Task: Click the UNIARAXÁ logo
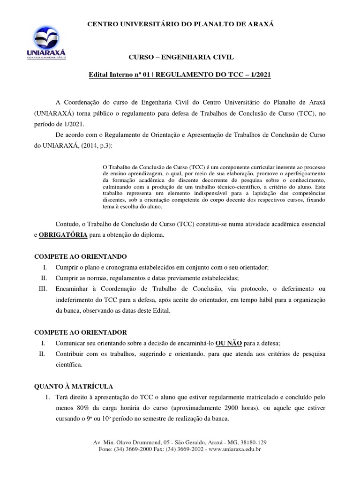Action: [45, 42]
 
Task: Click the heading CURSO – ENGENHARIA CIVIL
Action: [181, 57]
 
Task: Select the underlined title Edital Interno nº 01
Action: [118, 75]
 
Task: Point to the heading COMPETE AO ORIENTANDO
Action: [81, 256]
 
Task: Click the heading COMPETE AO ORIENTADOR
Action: [81, 332]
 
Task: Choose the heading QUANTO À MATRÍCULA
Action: [74, 386]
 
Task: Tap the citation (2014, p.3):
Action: [95, 146]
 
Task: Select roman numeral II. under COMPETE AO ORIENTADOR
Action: [42, 354]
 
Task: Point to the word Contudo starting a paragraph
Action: [67, 224]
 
